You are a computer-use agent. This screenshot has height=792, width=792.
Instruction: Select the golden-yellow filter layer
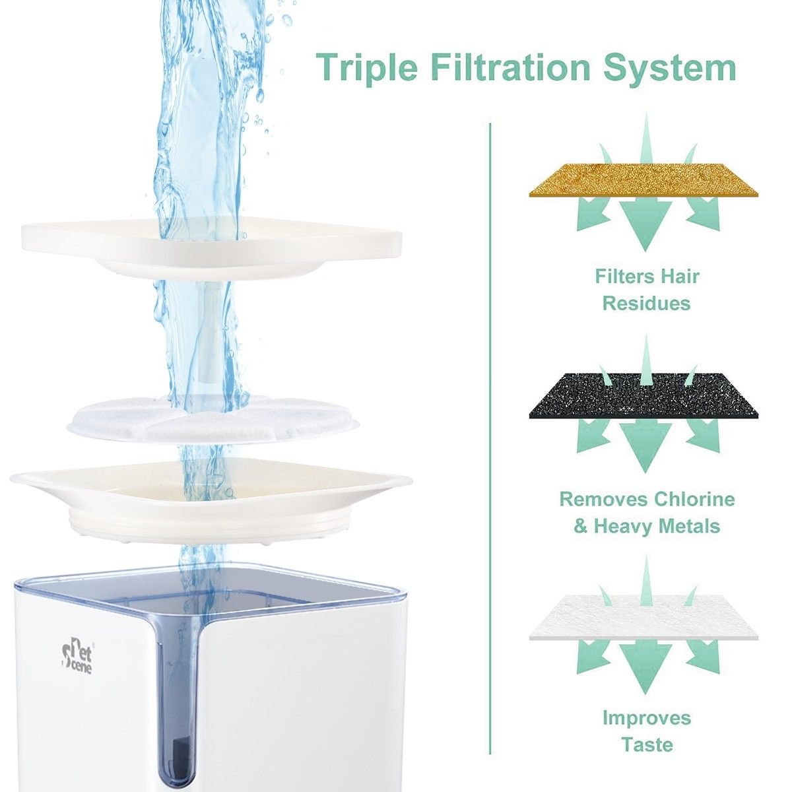click(x=643, y=179)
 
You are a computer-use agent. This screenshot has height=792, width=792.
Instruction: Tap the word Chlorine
click(x=694, y=499)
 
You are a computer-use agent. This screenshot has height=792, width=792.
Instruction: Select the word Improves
click(x=646, y=717)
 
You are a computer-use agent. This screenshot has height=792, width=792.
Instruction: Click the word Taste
click(x=646, y=744)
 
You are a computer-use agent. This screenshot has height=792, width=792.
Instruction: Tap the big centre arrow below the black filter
click(x=643, y=444)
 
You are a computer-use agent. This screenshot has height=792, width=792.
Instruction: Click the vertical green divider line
click(x=490, y=429)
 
